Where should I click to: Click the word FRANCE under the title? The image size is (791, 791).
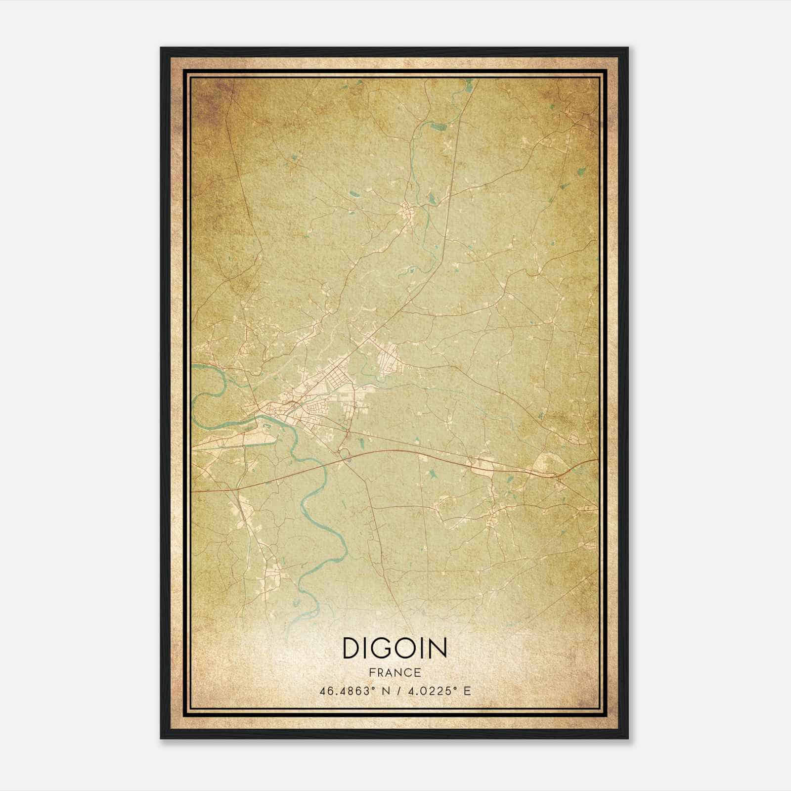[395, 672]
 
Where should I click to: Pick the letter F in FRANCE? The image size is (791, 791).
[371, 672]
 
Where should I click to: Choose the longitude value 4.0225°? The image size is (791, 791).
[430, 691]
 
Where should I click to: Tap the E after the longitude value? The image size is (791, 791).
[467, 691]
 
